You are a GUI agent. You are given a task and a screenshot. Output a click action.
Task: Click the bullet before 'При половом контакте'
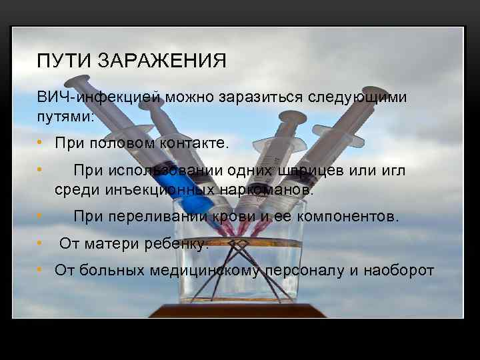[41, 143]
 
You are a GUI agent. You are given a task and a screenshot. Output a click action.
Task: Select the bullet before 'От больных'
[41, 271]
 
